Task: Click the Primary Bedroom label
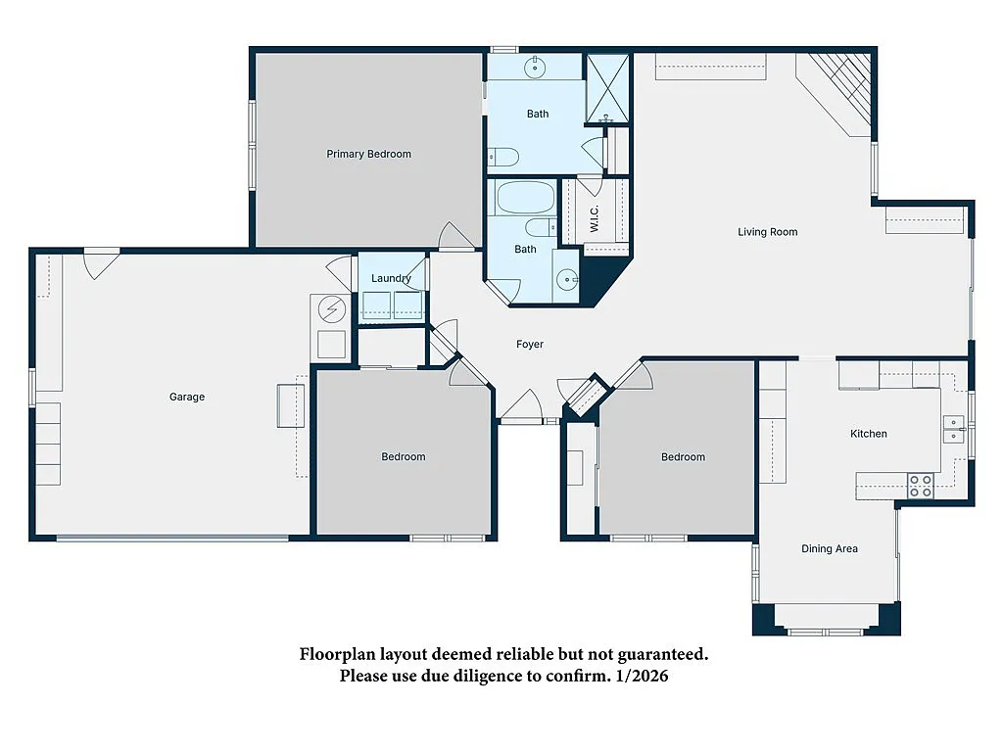click(368, 154)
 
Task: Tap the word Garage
click(186, 397)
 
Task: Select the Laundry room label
click(391, 278)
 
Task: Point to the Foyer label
click(530, 344)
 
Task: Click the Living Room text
click(768, 232)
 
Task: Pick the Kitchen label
click(868, 434)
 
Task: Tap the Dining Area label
click(830, 548)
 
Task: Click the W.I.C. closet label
click(595, 220)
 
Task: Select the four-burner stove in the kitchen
click(920, 486)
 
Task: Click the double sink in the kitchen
click(953, 429)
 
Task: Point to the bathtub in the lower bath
click(524, 198)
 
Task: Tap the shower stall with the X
click(607, 88)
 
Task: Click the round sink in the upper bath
click(536, 68)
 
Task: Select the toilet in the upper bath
click(503, 157)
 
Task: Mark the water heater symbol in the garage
click(332, 309)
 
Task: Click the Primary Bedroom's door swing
click(457, 236)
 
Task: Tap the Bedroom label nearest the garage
click(404, 456)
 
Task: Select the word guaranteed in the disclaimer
click(655, 654)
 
